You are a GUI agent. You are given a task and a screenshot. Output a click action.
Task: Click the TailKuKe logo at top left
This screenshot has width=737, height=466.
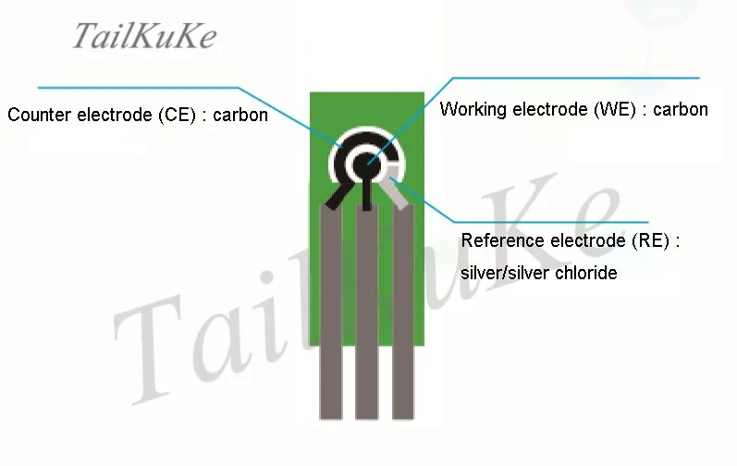click(144, 36)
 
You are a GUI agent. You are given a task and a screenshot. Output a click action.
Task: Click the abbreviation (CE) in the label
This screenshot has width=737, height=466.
click(181, 116)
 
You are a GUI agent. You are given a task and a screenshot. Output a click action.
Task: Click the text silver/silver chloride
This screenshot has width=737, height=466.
click(538, 274)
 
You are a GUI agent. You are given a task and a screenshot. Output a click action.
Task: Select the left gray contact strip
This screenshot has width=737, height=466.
click(331, 314)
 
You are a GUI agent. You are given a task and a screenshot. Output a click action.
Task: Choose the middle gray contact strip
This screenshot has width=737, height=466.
click(367, 314)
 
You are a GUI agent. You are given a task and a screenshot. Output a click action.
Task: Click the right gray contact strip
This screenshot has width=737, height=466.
click(403, 314)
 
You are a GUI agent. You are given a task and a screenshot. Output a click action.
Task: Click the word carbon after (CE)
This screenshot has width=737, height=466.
click(240, 116)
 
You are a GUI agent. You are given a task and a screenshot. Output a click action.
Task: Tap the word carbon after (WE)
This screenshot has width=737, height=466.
click(681, 110)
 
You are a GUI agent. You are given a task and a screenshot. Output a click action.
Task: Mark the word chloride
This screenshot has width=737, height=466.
click(586, 274)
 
